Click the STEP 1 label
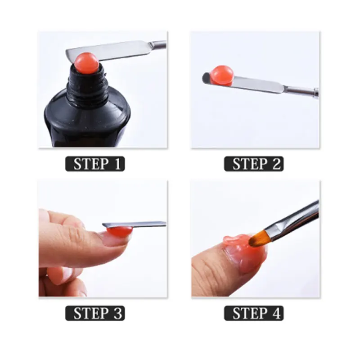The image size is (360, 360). click(x=95, y=164)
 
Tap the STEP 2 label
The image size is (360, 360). click(x=254, y=164)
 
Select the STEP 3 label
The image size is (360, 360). click(x=95, y=313)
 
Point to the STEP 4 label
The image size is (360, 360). click(x=254, y=313)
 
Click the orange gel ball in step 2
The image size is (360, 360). click(x=221, y=76)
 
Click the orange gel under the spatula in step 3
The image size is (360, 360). click(x=119, y=231)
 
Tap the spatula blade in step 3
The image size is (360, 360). click(x=134, y=225)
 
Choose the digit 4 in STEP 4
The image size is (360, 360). click(x=276, y=313)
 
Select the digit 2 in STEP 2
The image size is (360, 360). click(x=276, y=164)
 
